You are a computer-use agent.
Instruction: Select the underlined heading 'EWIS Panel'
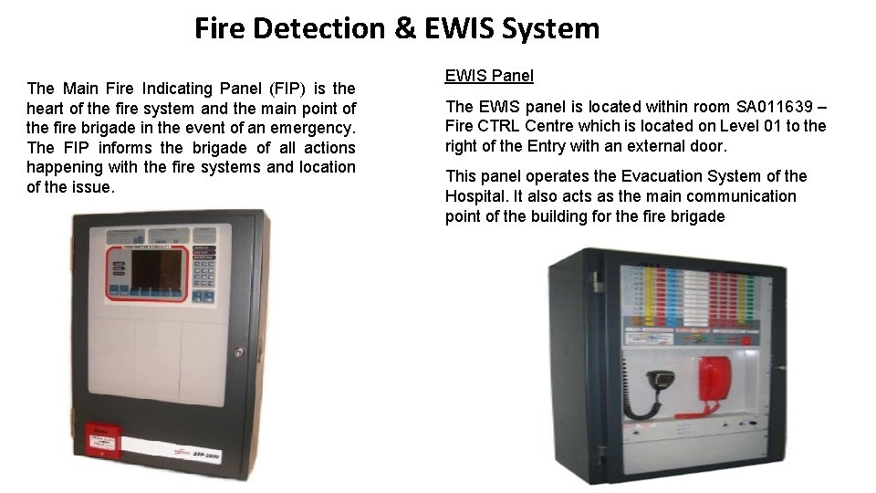click(x=489, y=76)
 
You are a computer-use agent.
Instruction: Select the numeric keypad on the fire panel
click(x=203, y=273)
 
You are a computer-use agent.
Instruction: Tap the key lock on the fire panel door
click(x=240, y=351)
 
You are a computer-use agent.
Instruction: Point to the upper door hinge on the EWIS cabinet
click(x=598, y=278)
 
